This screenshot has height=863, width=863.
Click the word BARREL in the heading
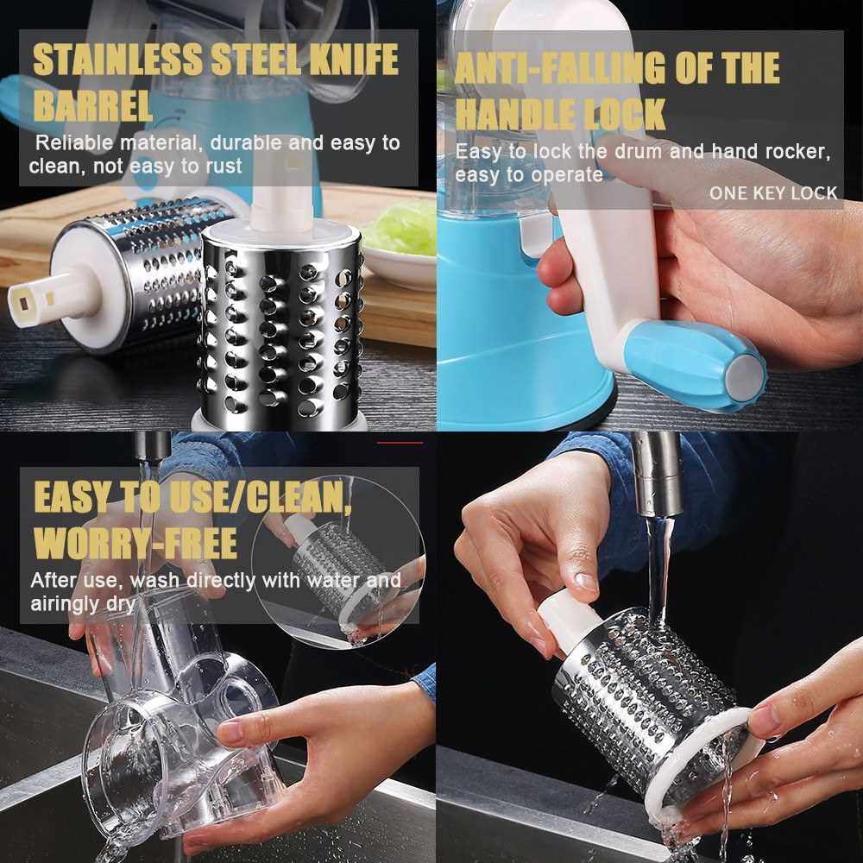(92, 105)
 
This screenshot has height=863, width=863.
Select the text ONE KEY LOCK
(772, 192)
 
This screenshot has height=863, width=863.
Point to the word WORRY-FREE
(135, 543)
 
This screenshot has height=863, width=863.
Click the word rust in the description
(224, 167)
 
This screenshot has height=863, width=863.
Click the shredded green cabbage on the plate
(403, 229)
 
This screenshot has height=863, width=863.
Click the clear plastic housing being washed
(181, 721)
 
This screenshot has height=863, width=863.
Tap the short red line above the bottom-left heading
(400, 443)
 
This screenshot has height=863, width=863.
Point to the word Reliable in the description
(74, 142)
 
